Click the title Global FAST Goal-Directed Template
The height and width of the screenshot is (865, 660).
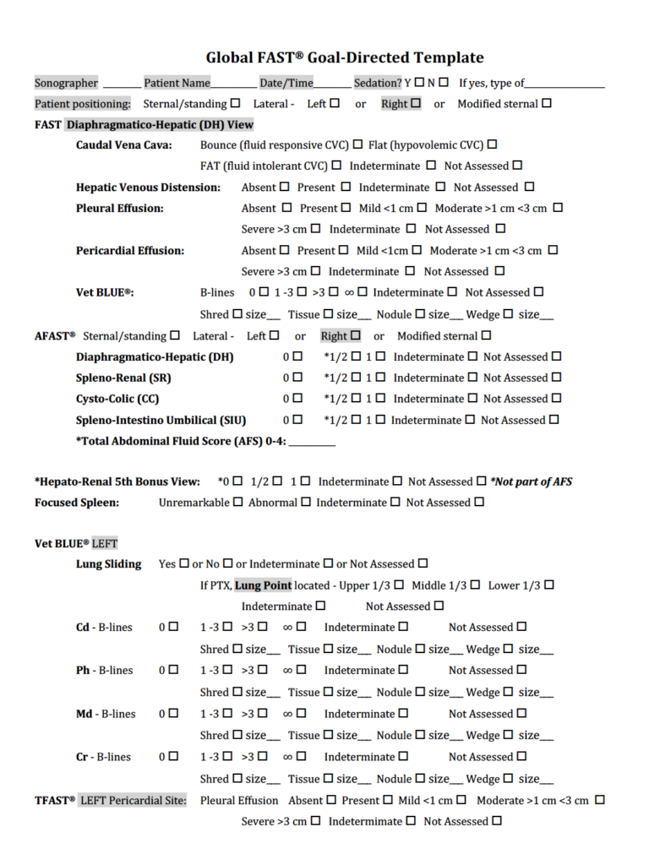pyautogui.click(x=345, y=57)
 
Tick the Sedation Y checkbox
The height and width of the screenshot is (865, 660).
pyautogui.click(x=418, y=82)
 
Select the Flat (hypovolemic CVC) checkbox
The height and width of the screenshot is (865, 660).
pyautogui.click(x=492, y=144)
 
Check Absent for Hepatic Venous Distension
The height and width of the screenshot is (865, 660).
pyautogui.click(x=284, y=187)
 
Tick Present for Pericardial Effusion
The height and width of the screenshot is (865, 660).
pyautogui.click(x=343, y=250)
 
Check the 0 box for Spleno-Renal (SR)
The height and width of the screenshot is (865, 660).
pyautogui.click(x=297, y=378)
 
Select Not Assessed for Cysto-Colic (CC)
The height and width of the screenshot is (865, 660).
pyautogui.click(x=556, y=399)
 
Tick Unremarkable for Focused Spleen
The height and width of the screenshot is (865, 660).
pyautogui.click(x=237, y=502)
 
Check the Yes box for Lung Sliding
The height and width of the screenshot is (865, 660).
pyautogui.click(x=183, y=563)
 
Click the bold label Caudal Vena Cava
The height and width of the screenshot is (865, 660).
pyautogui.click(x=124, y=145)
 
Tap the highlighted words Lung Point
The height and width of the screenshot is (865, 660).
pyautogui.click(x=264, y=585)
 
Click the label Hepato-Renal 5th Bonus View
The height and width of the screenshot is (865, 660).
pyautogui.click(x=117, y=481)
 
